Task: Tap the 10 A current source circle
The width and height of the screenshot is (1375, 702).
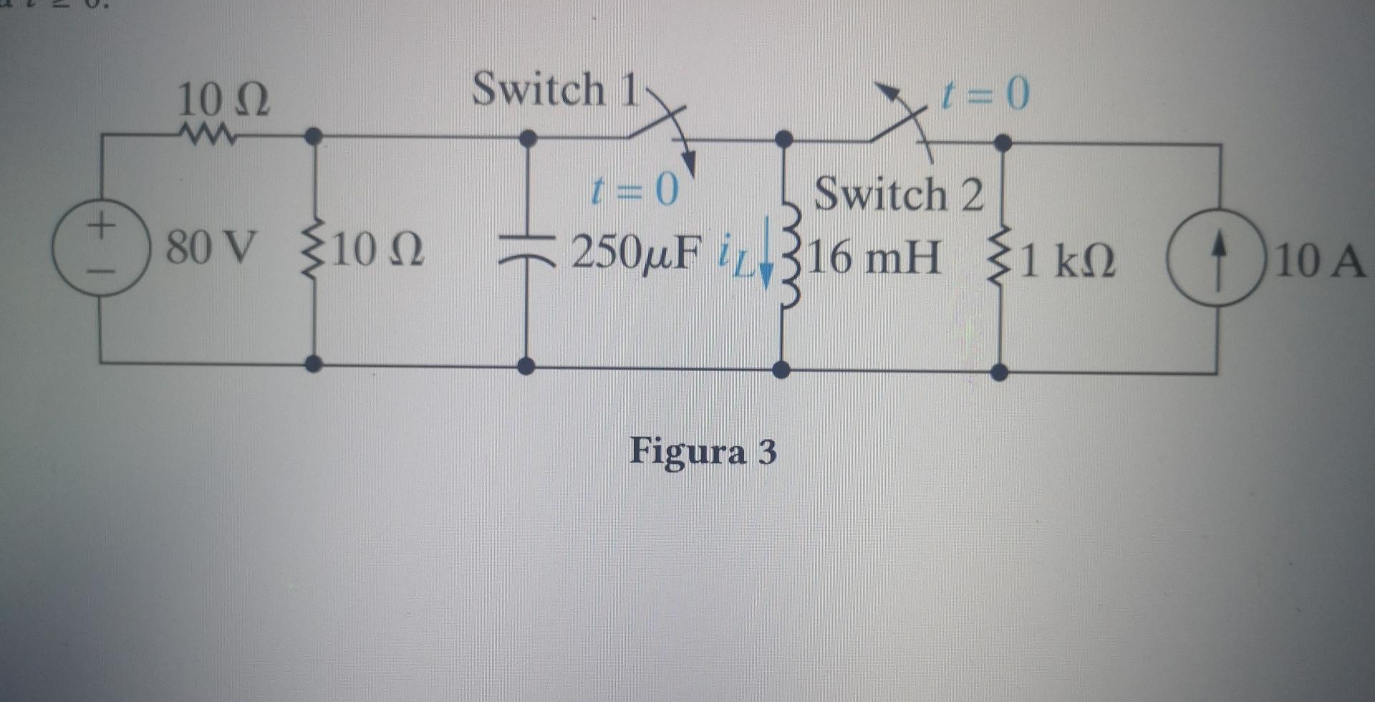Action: (1217, 256)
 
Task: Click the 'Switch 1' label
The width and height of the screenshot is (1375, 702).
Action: (555, 90)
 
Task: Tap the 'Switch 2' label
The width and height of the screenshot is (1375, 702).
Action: (899, 194)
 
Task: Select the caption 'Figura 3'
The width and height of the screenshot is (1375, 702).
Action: (703, 452)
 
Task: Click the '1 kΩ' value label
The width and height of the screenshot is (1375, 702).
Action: (1067, 261)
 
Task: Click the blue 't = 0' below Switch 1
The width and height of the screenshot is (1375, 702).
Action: (634, 191)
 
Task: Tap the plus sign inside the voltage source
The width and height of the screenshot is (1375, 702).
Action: (101, 225)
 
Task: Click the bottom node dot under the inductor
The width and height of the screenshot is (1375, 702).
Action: (783, 370)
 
